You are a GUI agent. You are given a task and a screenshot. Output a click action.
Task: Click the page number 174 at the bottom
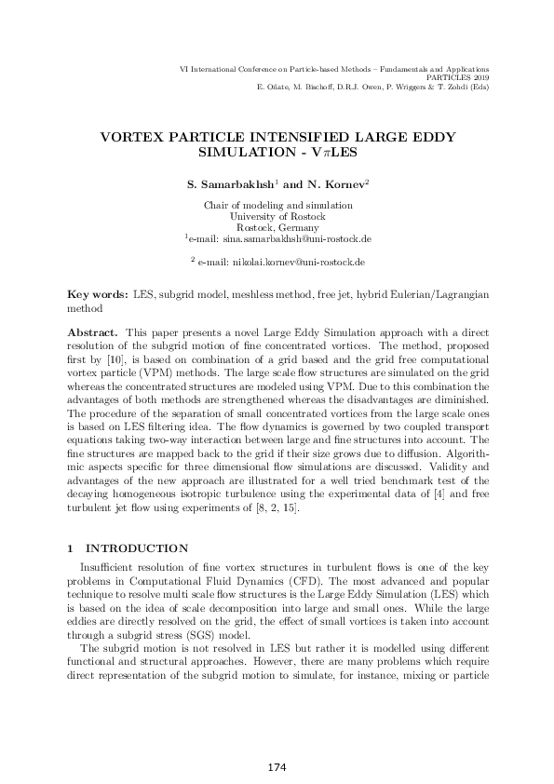tap(277, 767)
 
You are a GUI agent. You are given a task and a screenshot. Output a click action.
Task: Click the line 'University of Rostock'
tap(277, 216)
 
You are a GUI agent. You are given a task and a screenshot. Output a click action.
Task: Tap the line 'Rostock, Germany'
tap(277, 227)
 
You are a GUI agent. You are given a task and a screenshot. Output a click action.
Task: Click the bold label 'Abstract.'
tap(94, 331)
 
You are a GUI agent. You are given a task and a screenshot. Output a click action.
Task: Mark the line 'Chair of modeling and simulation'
tap(277, 205)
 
